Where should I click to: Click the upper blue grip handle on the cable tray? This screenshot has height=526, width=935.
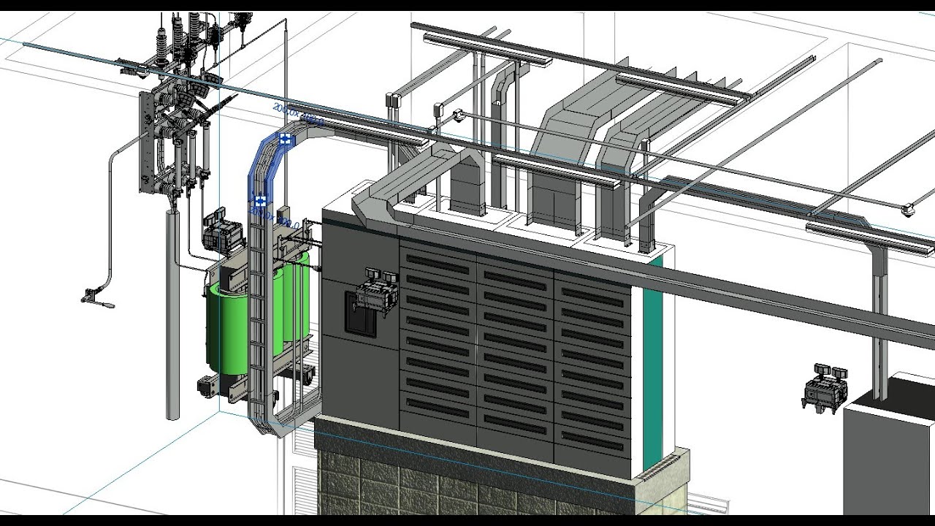coord(285,138)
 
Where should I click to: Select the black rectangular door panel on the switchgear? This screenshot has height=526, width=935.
coord(360,314)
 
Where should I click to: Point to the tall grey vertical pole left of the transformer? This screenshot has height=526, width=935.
coord(172,314)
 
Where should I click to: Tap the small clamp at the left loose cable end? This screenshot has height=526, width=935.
coord(91,296)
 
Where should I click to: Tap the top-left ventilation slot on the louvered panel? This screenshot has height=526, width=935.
coord(437,260)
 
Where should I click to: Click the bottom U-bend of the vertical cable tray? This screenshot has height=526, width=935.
coord(281,424)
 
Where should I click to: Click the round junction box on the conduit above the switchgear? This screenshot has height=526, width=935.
coord(459,115)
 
